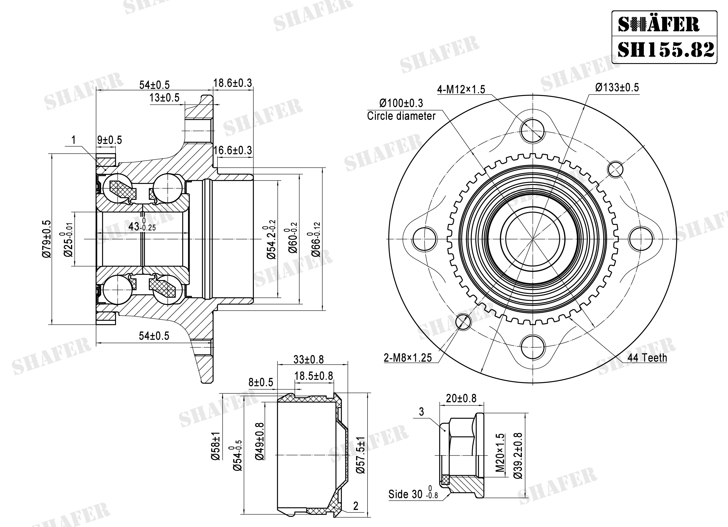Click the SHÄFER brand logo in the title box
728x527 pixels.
(x=659, y=24)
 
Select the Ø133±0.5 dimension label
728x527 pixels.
(x=617, y=88)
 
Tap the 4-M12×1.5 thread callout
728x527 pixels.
(x=461, y=89)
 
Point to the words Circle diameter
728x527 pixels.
(x=401, y=116)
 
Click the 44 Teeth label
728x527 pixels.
(x=647, y=358)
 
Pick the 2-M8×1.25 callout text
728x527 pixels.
(x=408, y=358)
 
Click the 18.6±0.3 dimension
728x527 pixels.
(x=233, y=83)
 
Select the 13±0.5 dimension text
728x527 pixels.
(x=164, y=98)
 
